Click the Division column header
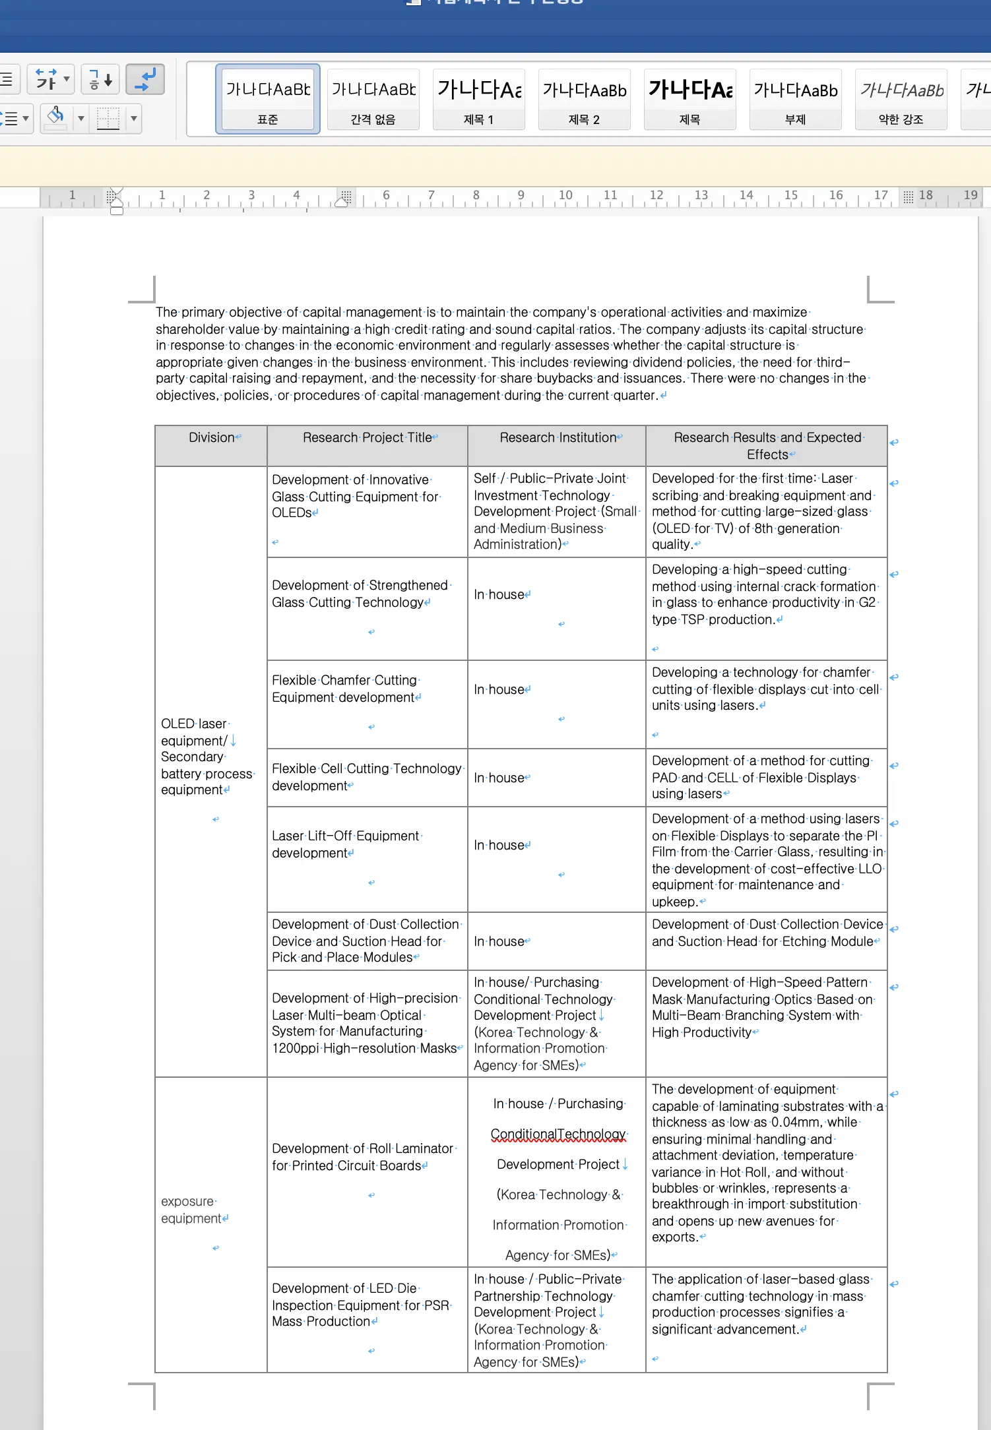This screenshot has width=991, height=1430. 211,438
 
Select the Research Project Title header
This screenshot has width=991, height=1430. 367,438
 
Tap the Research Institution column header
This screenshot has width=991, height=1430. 558,438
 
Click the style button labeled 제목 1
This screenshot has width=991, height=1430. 478,100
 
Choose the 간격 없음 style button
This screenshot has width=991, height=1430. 373,100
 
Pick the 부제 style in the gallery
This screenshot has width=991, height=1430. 795,100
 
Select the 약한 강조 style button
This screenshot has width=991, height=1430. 901,100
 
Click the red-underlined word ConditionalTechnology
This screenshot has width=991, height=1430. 558,1135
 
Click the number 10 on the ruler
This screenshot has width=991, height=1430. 565,195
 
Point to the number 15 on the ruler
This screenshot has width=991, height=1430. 790,195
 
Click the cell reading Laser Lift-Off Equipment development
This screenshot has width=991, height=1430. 345,844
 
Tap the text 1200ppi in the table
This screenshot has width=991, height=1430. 295,1048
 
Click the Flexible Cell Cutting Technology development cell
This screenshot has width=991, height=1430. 366,777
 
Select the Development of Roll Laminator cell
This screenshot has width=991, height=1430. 362,1157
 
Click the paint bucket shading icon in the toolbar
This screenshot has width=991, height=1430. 56,117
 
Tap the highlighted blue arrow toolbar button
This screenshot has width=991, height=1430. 144,80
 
